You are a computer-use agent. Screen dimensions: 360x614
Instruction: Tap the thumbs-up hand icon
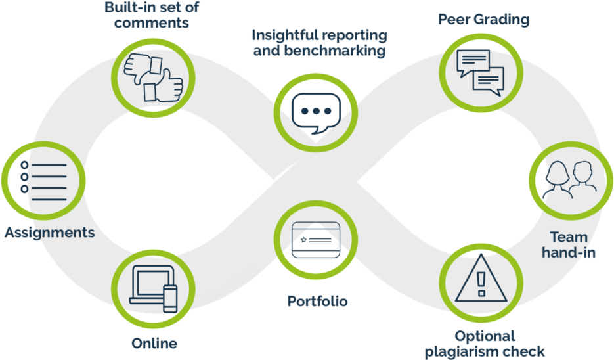[164, 84]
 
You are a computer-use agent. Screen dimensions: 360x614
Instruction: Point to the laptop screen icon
[150, 284]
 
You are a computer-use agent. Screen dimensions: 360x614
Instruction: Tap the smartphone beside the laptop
[170, 300]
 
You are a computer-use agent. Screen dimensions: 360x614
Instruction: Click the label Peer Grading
[484, 20]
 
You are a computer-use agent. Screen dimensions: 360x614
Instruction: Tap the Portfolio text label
[317, 302]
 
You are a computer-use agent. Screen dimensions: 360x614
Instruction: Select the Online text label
[154, 343]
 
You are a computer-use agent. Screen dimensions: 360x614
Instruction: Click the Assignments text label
[49, 233]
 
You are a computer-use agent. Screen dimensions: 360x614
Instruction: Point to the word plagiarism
[456, 351]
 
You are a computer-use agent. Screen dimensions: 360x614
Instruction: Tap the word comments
[152, 23]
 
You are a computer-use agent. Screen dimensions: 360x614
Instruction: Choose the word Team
[568, 236]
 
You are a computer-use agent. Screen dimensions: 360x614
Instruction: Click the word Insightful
[284, 35]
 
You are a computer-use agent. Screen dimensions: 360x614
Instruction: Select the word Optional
[485, 336]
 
